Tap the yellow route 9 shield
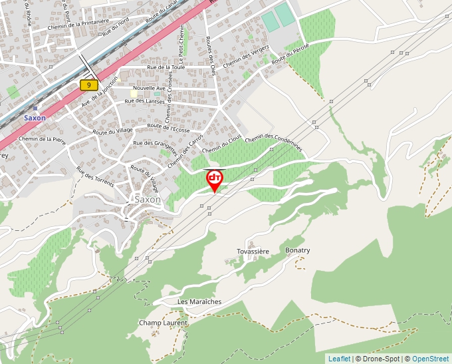click(88, 85)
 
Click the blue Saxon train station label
click(35, 118)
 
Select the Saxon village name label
click(148, 199)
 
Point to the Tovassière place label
click(253, 252)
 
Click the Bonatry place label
click(297, 250)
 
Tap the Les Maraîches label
click(199, 301)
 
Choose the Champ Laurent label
click(163, 323)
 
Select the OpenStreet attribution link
click(430, 359)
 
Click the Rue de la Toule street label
click(166, 68)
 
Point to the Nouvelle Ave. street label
click(149, 88)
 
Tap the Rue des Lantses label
click(145, 101)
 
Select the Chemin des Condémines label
click(274, 142)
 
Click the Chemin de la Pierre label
click(43, 140)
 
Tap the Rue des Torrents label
click(94, 176)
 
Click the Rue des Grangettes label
click(155, 143)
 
